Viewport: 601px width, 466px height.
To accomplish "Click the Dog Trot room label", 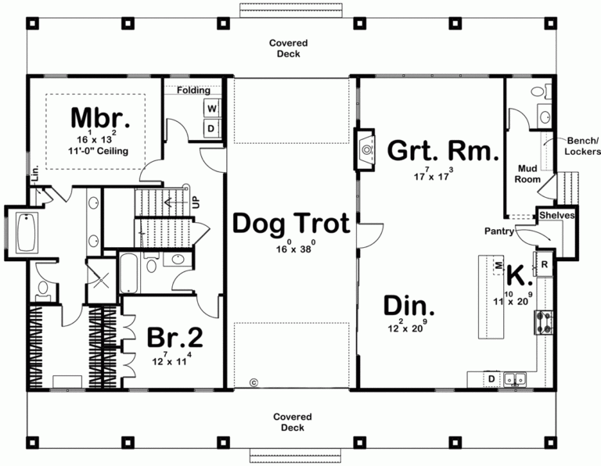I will pyautogui.click(x=290, y=225).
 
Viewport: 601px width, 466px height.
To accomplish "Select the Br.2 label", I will pyautogui.click(x=175, y=338).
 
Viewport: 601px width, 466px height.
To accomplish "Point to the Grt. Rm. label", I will pyautogui.click(x=443, y=151).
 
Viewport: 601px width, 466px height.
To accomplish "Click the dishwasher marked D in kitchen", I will pyautogui.click(x=491, y=380).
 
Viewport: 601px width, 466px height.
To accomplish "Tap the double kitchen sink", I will pyautogui.click(x=515, y=380).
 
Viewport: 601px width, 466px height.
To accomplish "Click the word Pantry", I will pyautogui.click(x=498, y=231).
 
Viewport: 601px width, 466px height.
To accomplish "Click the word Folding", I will pyautogui.click(x=193, y=90).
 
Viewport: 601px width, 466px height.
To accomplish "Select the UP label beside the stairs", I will pyautogui.click(x=196, y=201).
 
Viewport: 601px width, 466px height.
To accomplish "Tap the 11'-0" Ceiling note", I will pyautogui.click(x=98, y=151).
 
